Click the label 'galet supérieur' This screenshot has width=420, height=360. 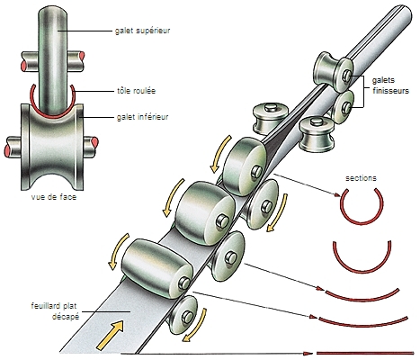(142, 31)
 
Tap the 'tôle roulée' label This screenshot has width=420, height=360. (136, 91)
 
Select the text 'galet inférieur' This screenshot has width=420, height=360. (142, 117)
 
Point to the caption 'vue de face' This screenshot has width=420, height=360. (54, 197)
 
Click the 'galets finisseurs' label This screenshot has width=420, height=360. (390, 85)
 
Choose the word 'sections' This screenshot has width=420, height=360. (361, 178)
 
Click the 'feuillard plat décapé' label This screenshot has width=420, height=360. (55, 311)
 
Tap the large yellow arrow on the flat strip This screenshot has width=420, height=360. (111, 335)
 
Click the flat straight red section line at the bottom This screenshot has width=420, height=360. (365, 353)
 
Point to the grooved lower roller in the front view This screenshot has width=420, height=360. (52, 147)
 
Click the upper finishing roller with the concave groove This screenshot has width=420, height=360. (333, 71)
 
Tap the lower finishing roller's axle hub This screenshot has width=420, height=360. (347, 106)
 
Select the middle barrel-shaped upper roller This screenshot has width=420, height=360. (205, 213)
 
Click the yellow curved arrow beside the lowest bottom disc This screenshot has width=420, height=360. (196, 327)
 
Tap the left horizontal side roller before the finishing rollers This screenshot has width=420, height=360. (271, 119)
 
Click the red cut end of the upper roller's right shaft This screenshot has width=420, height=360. (81, 58)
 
